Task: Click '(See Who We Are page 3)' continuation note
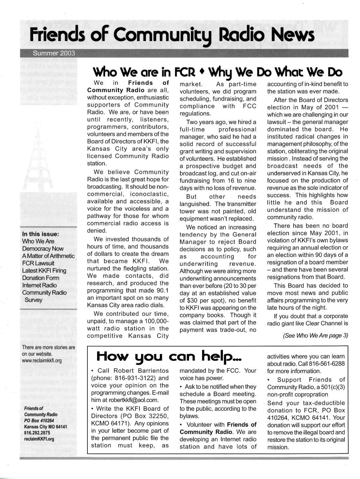(x=315, y=336)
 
